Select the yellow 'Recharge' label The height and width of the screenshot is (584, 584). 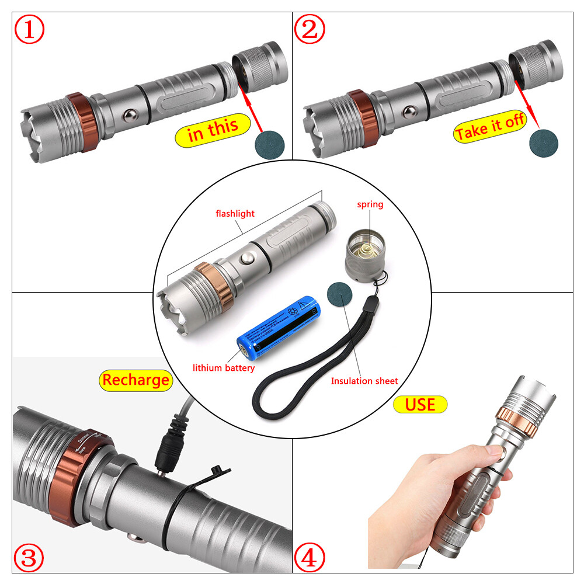(135, 380)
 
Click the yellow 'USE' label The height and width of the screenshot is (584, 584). (420, 404)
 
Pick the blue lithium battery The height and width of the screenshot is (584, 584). (279, 330)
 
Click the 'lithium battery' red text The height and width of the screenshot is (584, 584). (224, 368)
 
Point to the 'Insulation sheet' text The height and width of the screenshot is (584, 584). (364, 381)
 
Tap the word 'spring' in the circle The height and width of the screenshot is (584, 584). (370, 204)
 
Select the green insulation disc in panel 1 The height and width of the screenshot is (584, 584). (269, 143)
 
